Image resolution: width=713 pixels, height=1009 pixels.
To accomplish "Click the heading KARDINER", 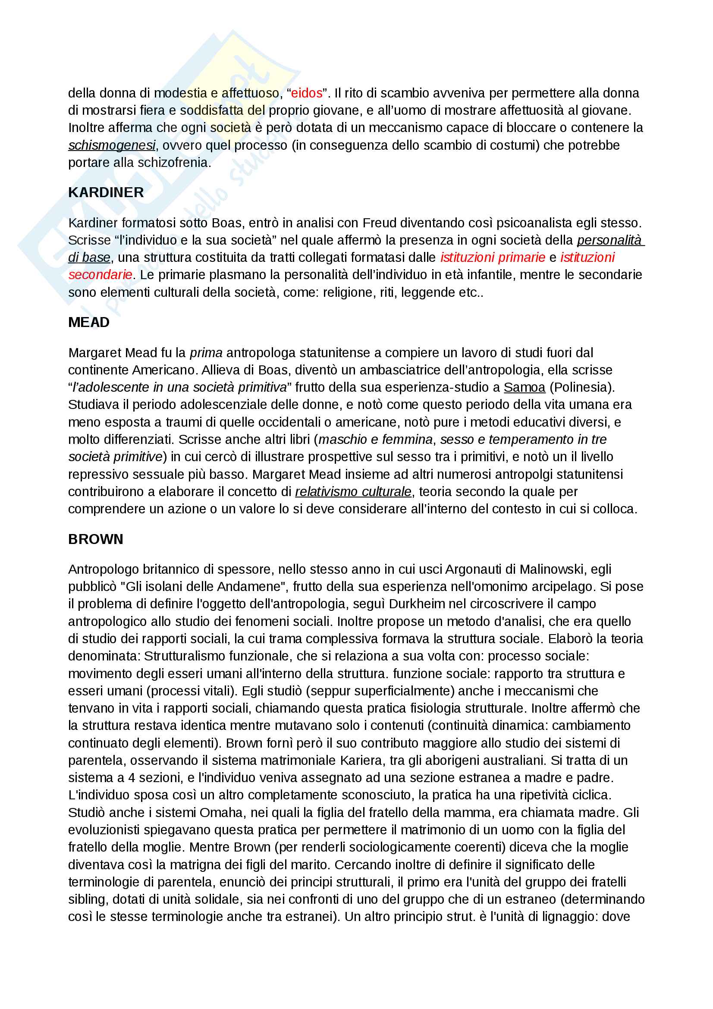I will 106,192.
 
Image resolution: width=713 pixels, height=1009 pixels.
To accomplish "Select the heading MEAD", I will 89,322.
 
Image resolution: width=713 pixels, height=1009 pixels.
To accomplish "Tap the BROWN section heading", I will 95,539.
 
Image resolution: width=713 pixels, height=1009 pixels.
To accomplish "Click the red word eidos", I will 307,93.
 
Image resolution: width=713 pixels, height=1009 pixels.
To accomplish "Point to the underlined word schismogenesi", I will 112,145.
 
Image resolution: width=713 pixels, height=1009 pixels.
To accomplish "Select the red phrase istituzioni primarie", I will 493,258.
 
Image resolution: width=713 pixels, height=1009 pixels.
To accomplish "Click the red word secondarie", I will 100,275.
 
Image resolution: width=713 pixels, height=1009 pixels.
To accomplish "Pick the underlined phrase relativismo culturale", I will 353,491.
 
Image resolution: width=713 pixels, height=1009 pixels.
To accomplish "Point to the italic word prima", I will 206,352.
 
